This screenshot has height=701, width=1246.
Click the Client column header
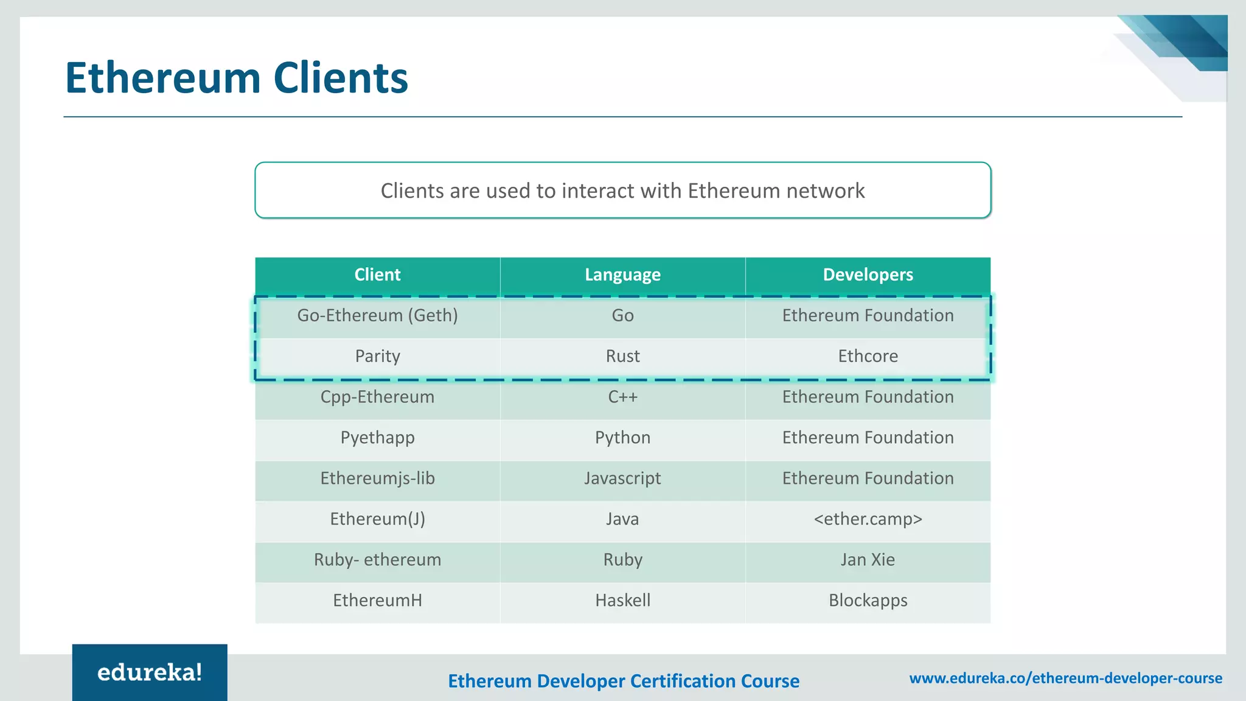[377, 274]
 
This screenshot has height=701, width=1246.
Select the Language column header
[622, 274]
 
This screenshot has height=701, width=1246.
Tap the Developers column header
[868, 274]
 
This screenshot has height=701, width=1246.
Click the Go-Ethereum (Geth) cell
[377, 315]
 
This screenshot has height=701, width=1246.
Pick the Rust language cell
[622, 356]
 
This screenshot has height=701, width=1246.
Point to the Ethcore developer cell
[868, 356]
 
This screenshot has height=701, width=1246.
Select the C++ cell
[622, 397]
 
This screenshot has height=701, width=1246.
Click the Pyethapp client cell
[377, 438]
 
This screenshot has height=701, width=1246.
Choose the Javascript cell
[622, 478]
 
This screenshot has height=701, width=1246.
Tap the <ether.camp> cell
[868, 519]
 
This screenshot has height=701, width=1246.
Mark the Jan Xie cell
[868, 560]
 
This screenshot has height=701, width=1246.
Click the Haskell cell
[622, 601]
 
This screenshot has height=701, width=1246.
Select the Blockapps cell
[868, 601]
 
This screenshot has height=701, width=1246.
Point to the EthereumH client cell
[377, 601]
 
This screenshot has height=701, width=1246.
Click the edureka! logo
[150, 672]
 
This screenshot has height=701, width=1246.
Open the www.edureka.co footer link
[1065, 678]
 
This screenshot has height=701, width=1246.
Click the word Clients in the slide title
[341, 78]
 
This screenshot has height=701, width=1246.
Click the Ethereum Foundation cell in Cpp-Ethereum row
[868, 397]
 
